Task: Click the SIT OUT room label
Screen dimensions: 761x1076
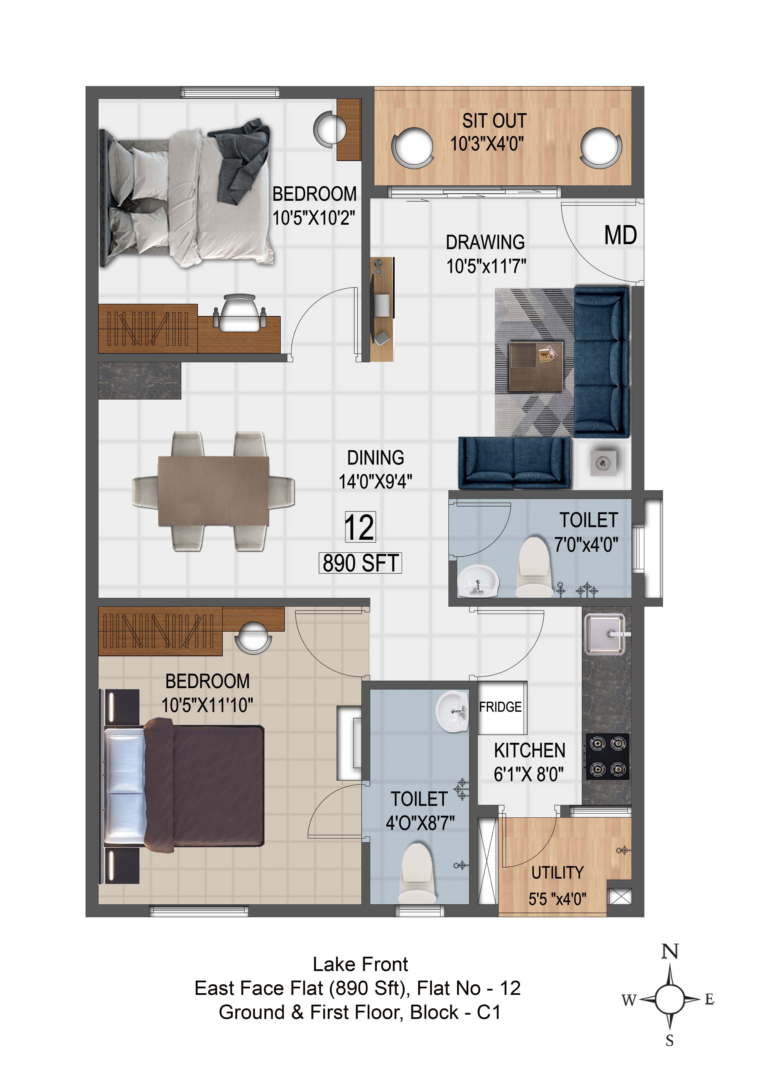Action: click(x=494, y=121)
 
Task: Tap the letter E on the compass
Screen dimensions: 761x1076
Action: click(x=709, y=1000)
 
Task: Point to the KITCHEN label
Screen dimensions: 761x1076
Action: click(x=530, y=751)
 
